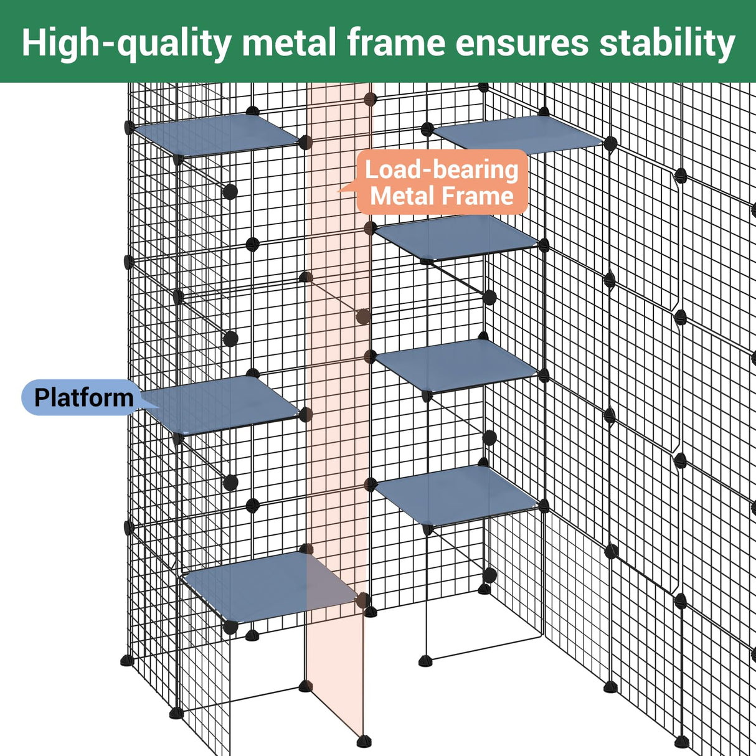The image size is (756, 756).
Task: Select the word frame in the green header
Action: click(396, 42)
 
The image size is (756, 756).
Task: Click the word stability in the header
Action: click(667, 42)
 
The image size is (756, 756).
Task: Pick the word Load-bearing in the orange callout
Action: click(442, 169)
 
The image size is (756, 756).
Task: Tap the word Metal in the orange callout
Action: click(401, 196)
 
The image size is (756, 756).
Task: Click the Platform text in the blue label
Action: click(83, 397)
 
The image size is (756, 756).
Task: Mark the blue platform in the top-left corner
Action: click(215, 133)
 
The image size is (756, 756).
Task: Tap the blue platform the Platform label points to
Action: click(224, 405)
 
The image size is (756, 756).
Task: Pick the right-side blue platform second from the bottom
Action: click(456, 364)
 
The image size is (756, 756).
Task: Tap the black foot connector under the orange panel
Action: click(363, 741)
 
